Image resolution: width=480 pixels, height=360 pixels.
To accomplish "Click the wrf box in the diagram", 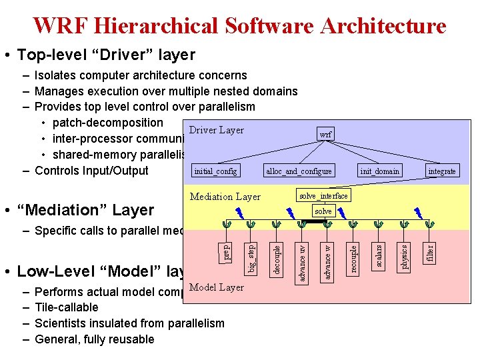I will [325, 134].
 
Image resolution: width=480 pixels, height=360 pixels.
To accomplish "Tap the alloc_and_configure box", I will [299, 171].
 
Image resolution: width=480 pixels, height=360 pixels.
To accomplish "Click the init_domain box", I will [379, 171].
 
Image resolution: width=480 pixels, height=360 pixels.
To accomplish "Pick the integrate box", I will [442, 171].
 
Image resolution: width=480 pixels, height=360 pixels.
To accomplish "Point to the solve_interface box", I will [323, 195].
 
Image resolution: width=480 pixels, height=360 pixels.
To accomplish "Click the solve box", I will [323, 211].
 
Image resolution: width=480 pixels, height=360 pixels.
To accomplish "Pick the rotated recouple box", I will [354, 257].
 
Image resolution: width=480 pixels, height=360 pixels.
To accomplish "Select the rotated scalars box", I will [379, 256].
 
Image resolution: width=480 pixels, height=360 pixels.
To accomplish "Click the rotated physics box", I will [405, 256].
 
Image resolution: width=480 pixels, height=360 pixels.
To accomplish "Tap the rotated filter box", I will [430, 253].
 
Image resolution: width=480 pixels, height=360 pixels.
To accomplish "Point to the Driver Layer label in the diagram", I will [217, 130].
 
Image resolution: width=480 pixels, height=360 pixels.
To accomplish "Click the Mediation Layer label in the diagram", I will [225, 197].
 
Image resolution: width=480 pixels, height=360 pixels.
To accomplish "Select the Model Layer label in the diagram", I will [217, 287].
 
